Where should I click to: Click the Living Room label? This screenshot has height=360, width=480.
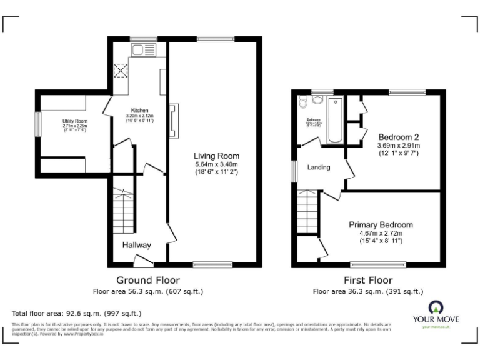[216, 156]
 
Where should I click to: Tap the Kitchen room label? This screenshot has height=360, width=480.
[139, 110]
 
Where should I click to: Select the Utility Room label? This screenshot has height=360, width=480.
[74, 121]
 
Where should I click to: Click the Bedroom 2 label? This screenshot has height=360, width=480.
[398, 137]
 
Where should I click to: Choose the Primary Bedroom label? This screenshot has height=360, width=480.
[381, 224]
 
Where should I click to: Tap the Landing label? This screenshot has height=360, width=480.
[319, 167]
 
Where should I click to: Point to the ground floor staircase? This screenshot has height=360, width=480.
[124, 209]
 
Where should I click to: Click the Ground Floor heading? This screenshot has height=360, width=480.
[147, 281]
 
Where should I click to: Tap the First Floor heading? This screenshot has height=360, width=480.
[367, 281]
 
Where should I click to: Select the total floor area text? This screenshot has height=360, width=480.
[77, 313]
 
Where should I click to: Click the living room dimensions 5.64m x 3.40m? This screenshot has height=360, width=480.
[216, 164]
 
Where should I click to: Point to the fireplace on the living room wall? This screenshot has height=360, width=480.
[174, 119]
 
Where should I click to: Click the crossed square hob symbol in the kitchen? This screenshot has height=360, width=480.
[119, 71]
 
